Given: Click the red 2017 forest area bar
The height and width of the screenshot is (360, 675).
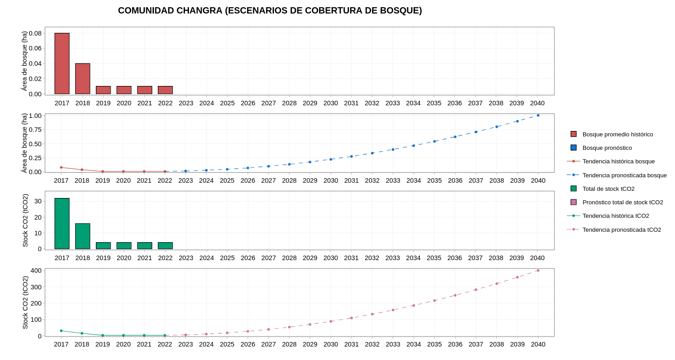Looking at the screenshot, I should tap(62, 63).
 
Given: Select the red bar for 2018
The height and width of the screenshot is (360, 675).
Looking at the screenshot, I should tap(83, 79).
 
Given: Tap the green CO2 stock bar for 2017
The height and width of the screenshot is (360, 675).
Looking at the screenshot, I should tap(62, 224).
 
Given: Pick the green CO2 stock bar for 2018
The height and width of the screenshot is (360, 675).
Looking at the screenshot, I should tap(83, 236).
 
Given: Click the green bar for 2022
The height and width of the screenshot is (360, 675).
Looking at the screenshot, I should tap(165, 246).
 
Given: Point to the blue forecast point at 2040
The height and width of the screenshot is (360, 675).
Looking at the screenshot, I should tap(538, 115).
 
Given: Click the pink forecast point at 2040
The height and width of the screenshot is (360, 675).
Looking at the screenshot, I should tap(538, 270).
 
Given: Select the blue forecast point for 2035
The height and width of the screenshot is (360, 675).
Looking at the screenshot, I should tap(434, 141).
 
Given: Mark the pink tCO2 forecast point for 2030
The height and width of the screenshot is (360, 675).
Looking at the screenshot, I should tap(331, 321).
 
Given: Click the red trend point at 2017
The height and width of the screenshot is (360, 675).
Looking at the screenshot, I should tap(61, 167).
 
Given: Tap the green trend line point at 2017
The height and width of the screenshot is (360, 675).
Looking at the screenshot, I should tap(61, 331).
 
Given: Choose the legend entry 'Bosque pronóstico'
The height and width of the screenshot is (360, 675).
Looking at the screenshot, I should tap(607, 148).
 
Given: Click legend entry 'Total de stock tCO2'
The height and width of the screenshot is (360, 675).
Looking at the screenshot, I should tap(608, 189).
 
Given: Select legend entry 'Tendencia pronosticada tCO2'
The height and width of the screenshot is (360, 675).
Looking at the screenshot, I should tap(621, 229).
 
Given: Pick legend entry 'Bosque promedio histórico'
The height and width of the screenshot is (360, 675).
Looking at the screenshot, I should tap(617, 134).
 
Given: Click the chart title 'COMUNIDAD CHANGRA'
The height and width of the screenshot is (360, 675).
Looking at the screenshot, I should tap(270, 10).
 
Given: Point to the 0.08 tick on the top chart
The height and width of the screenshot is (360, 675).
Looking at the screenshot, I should tap(35, 33).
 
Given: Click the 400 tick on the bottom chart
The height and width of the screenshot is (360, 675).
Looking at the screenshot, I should tap(36, 270).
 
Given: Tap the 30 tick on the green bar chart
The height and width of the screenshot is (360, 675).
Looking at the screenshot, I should tap(38, 201).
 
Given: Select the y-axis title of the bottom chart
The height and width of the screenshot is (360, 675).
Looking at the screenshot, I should tap(25, 302).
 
